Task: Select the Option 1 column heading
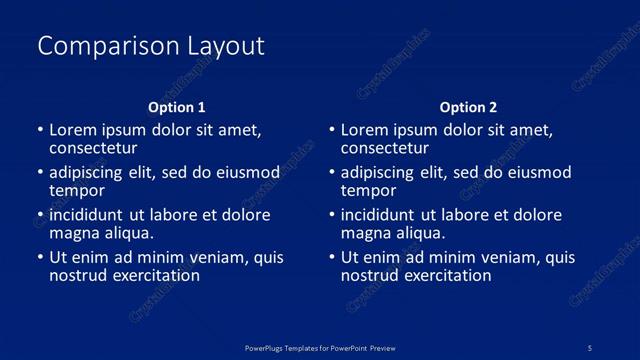(177, 107)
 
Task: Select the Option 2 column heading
(468, 107)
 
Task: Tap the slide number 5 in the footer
(590, 347)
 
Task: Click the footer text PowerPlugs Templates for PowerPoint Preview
(321, 347)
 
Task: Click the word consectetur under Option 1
(93, 148)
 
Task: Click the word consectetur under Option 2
(385, 148)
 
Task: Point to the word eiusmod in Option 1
(247, 173)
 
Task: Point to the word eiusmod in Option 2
(539, 173)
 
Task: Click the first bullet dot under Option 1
(40, 130)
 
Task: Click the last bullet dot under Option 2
(332, 257)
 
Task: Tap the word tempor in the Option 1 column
(77, 190)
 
